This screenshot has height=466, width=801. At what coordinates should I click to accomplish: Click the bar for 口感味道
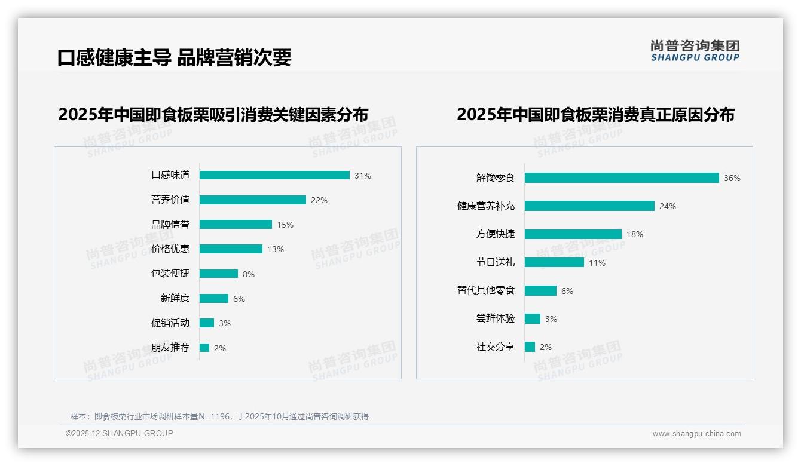click(274, 175)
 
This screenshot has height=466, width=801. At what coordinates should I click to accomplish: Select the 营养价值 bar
click(252, 200)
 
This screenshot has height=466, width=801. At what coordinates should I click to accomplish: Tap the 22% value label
click(319, 200)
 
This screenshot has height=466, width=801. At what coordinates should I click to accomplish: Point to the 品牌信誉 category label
click(170, 225)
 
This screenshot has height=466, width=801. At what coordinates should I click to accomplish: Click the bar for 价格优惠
click(231, 249)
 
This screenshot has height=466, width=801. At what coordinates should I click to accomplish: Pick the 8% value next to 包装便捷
click(249, 274)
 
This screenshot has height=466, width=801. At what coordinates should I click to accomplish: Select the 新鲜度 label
click(175, 298)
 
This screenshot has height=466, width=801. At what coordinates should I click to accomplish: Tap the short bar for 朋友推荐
click(204, 348)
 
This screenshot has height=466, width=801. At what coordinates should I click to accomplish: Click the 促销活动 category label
click(170, 323)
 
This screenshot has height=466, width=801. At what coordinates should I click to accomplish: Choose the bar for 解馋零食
click(622, 178)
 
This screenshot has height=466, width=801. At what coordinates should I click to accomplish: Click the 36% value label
click(732, 178)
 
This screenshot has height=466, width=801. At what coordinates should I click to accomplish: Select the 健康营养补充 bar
click(589, 206)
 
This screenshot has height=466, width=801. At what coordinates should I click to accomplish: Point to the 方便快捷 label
click(496, 234)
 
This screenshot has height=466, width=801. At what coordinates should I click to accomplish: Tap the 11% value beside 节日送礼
click(597, 263)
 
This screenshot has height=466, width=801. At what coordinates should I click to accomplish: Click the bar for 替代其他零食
click(540, 291)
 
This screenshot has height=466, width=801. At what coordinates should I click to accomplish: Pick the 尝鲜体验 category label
click(496, 318)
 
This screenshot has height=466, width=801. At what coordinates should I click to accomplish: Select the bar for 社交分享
click(530, 347)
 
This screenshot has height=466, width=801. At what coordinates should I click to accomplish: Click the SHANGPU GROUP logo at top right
click(695, 51)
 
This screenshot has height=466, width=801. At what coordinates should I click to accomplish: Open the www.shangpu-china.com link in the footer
click(696, 434)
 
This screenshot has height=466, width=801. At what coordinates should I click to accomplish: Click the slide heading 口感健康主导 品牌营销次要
click(174, 57)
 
